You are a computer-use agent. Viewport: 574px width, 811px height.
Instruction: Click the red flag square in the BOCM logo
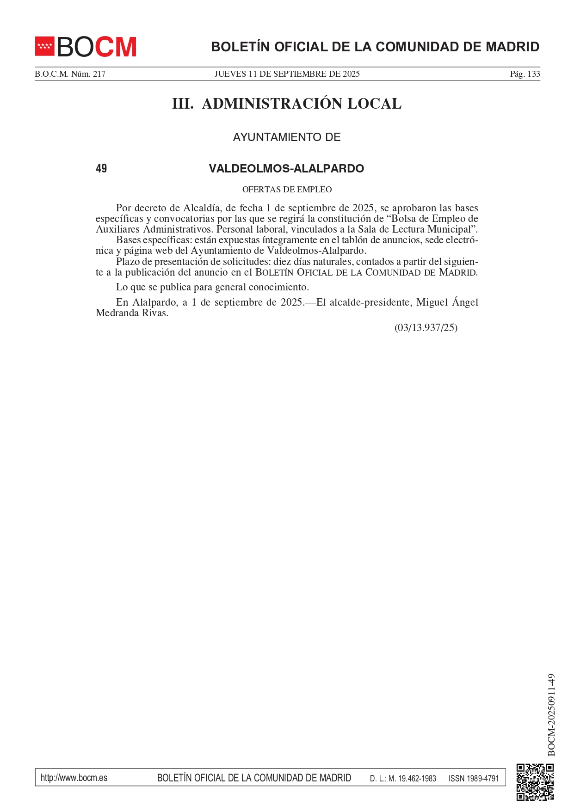point(45,46)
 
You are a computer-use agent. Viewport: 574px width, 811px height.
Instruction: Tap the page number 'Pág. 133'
point(525,74)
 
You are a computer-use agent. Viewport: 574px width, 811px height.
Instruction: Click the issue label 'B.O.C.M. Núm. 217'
point(70,74)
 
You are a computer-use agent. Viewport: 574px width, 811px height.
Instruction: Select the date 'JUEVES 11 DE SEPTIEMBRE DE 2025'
point(287,74)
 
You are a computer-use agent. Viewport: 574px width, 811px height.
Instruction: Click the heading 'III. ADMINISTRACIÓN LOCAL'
point(287,104)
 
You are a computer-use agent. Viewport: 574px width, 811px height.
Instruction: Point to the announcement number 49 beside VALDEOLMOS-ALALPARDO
point(101,168)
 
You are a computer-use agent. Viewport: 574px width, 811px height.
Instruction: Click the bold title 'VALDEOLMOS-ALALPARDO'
point(286,168)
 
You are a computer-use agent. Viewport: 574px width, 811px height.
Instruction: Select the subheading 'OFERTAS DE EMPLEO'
point(287,190)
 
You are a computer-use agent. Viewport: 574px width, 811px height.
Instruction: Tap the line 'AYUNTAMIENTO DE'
point(287,137)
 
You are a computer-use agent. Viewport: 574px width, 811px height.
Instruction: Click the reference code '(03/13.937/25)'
point(426,328)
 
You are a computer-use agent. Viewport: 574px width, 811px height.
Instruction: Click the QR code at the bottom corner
point(535,782)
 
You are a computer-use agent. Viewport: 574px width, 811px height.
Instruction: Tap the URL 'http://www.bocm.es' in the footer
point(74,778)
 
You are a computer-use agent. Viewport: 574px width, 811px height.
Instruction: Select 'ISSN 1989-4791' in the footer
point(474,778)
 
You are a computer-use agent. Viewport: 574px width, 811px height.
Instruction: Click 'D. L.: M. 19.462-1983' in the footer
point(403,778)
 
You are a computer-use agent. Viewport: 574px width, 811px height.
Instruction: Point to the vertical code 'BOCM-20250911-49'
point(551,715)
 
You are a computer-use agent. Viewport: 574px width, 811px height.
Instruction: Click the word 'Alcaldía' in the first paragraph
point(201,208)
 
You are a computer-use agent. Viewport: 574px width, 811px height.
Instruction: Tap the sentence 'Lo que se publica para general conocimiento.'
point(212,287)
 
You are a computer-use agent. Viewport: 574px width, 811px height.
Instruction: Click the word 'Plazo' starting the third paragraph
point(127,262)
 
